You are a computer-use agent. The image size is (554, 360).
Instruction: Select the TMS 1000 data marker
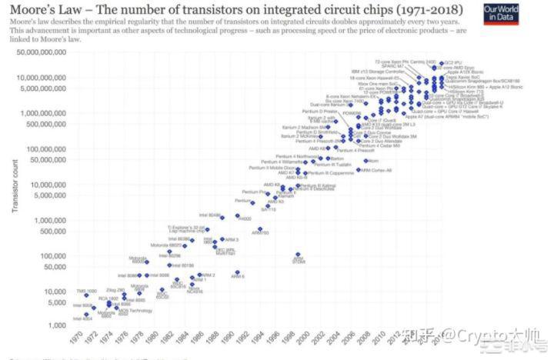(x=86, y=296)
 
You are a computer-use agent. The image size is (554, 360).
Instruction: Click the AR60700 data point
(x=259, y=229)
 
